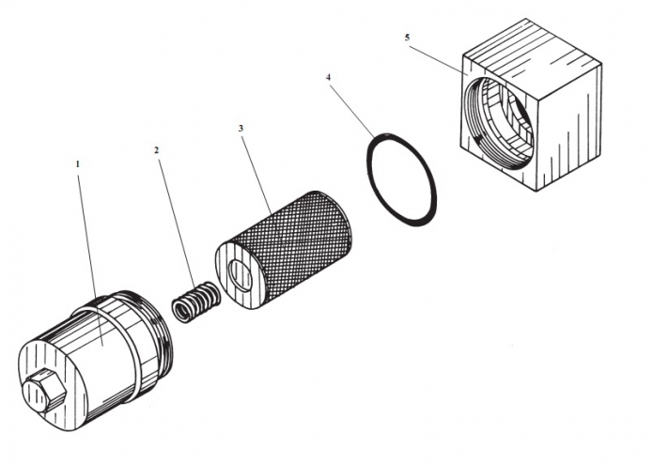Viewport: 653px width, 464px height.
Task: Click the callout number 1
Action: click(x=77, y=163)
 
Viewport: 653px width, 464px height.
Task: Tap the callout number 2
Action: click(x=157, y=150)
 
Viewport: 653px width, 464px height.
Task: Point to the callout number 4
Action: click(x=329, y=79)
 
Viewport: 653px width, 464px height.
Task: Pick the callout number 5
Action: click(x=406, y=38)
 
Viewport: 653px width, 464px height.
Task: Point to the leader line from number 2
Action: click(x=178, y=221)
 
